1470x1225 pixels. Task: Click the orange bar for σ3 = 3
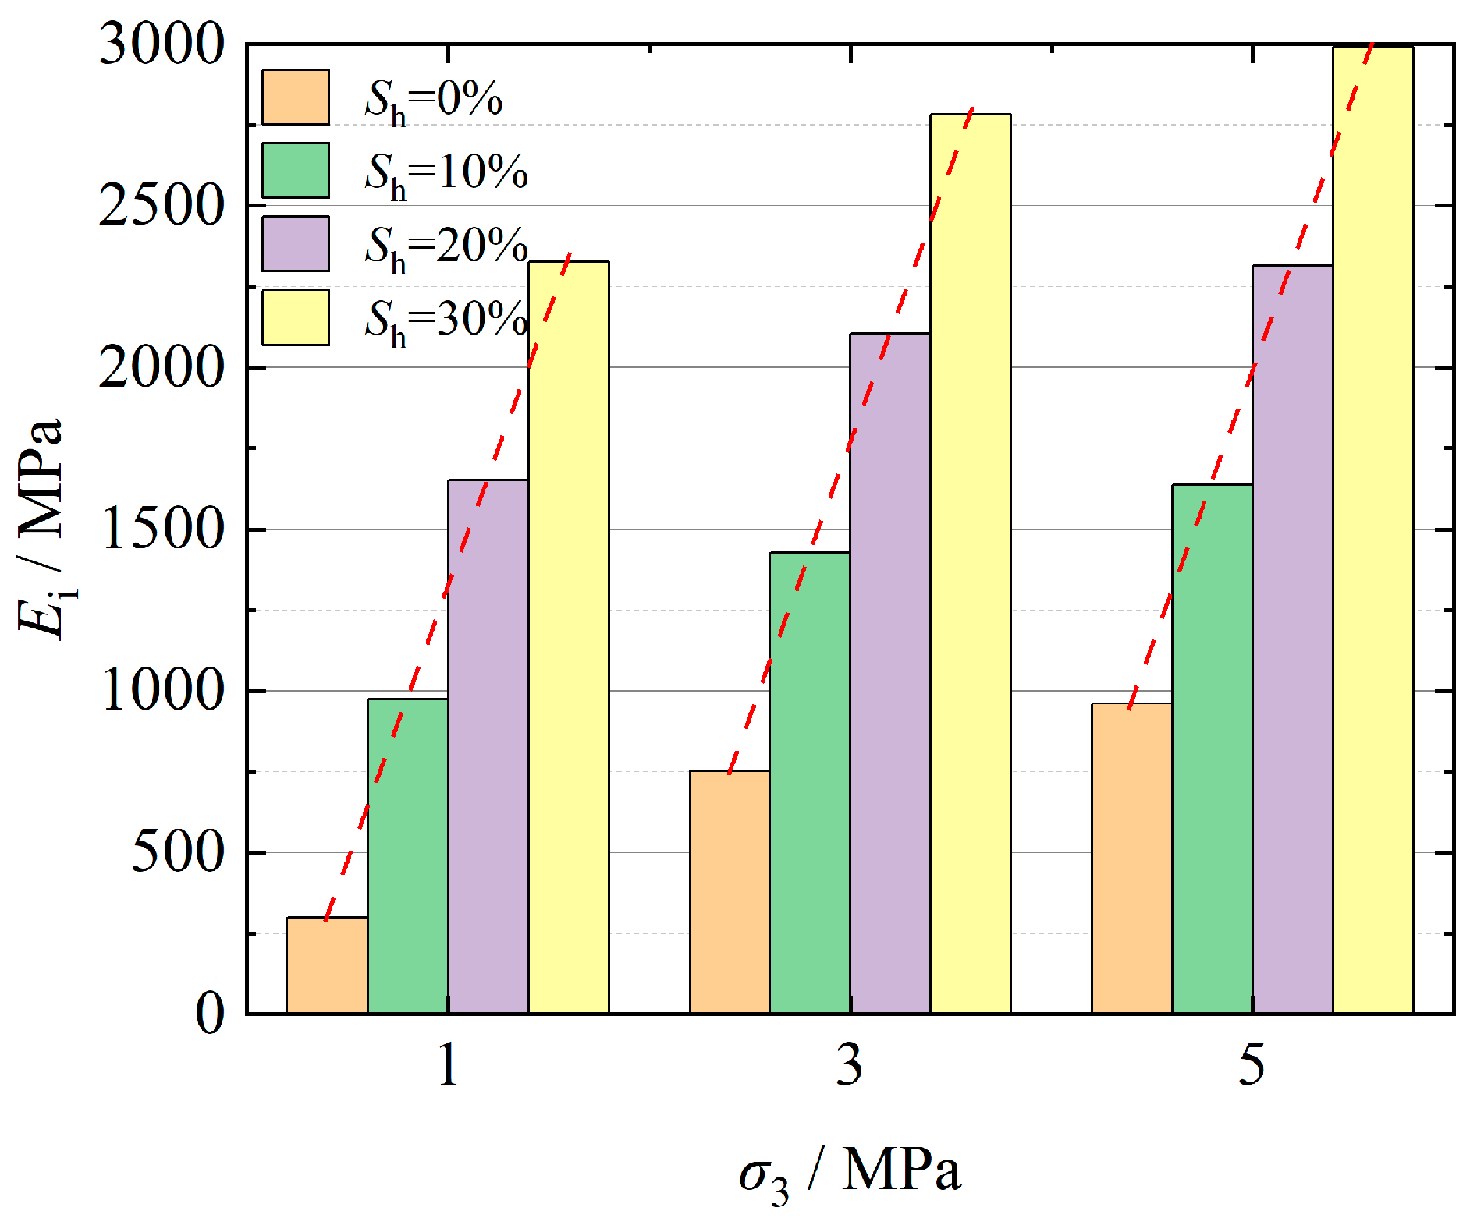pyautogui.click(x=729, y=892)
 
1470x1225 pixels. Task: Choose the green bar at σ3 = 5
pyautogui.click(x=1211, y=749)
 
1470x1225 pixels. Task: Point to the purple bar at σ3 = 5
pyautogui.click(x=1292, y=639)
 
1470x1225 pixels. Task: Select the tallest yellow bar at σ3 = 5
pyautogui.click(x=1372, y=530)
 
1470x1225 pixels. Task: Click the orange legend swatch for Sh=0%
pyautogui.click(x=295, y=97)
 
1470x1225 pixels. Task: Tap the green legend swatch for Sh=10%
pyautogui.click(x=295, y=170)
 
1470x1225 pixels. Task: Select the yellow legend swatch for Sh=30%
pyautogui.click(x=295, y=317)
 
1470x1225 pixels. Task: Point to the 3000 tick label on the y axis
pyautogui.click(x=162, y=44)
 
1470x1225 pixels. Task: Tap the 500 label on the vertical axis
pyautogui.click(x=178, y=852)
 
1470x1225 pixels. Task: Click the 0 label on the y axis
pyautogui.click(x=209, y=1014)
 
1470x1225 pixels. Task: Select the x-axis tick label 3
pyautogui.click(x=850, y=1065)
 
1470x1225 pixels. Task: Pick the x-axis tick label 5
pyautogui.click(x=1252, y=1065)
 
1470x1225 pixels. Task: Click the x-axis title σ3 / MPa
pyautogui.click(x=850, y=1173)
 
